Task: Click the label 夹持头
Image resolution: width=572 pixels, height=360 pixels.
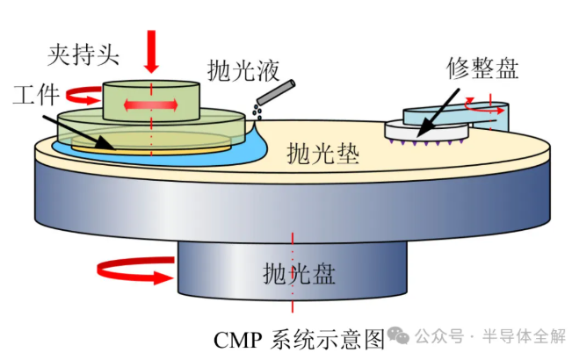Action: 83,54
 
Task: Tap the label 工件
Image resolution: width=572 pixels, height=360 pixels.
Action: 36,94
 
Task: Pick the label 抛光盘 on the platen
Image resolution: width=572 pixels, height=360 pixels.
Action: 292,274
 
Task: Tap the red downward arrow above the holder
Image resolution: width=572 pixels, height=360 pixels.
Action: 151,50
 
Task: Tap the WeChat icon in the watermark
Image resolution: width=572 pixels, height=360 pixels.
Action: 400,336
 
